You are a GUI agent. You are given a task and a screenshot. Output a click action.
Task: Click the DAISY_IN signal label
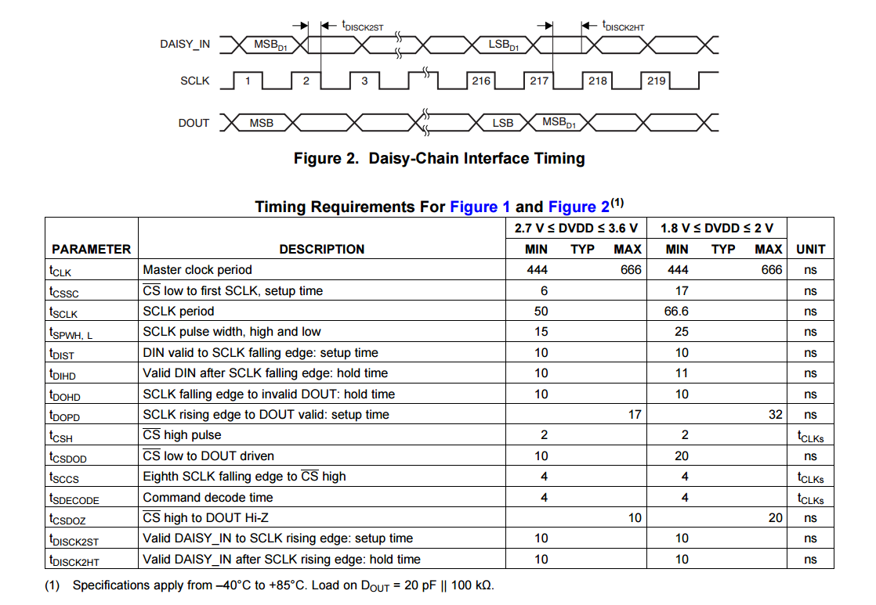(x=185, y=45)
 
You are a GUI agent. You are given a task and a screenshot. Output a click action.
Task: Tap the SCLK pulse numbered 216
(x=481, y=81)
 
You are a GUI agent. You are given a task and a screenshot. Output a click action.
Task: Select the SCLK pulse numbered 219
(x=656, y=81)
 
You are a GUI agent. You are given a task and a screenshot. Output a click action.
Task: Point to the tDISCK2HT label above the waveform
(x=623, y=27)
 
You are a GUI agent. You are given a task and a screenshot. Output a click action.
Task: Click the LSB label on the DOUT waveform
(x=502, y=123)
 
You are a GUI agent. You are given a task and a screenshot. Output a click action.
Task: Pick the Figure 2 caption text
(x=439, y=158)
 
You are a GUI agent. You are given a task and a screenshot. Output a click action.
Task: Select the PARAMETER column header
(x=91, y=249)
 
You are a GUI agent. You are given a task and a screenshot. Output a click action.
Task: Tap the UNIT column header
(x=810, y=249)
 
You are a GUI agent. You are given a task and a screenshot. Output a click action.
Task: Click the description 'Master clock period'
(x=197, y=270)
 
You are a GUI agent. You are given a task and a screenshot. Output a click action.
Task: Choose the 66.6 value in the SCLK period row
(x=676, y=312)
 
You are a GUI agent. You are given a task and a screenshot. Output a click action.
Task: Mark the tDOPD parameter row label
(x=64, y=416)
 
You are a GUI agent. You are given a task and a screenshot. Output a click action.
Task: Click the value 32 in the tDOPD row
(x=775, y=415)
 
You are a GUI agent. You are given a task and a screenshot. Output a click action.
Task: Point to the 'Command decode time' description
(x=208, y=498)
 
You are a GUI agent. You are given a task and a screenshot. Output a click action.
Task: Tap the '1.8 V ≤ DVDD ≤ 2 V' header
(x=716, y=228)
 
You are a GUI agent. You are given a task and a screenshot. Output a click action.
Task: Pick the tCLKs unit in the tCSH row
(x=810, y=436)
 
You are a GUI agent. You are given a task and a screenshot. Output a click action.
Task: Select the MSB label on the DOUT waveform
(x=261, y=123)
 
